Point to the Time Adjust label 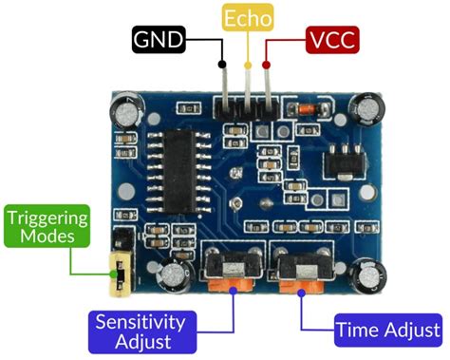(387, 330)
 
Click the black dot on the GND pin (223, 65)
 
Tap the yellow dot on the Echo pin (249, 65)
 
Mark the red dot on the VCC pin (267, 65)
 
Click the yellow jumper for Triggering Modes (121, 269)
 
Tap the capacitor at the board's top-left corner (126, 112)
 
